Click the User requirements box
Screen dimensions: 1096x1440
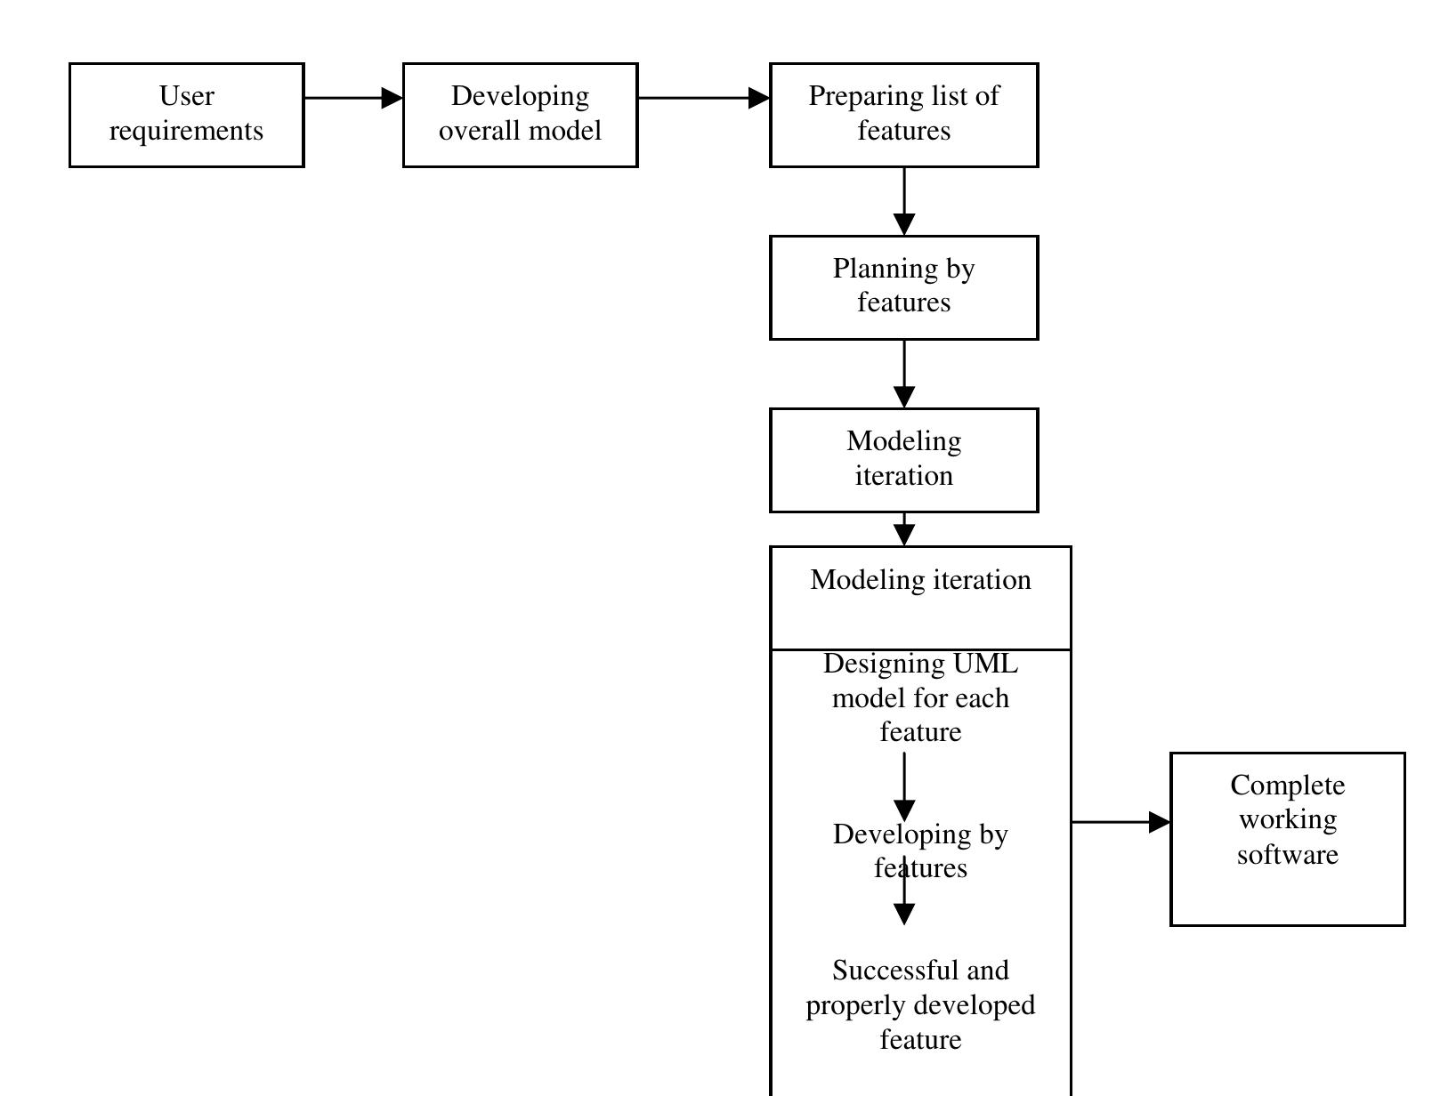click(x=186, y=115)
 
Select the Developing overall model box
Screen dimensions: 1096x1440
click(x=520, y=115)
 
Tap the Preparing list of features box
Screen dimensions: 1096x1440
click(x=903, y=115)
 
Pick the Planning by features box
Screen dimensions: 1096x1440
click(x=903, y=286)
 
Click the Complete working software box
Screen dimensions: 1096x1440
click(x=1287, y=838)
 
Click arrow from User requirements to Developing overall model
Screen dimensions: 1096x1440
click(x=352, y=98)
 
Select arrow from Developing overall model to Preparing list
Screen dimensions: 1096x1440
click(x=703, y=98)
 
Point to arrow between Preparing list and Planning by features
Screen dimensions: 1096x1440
click(x=904, y=201)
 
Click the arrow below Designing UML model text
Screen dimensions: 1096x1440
click(x=904, y=786)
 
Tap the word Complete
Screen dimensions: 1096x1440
click(x=1287, y=786)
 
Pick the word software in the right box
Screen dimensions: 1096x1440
click(x=1287, y=855)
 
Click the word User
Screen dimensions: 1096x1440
click(x=186, y=96)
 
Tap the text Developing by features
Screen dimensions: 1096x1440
click(x=920, y=850)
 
